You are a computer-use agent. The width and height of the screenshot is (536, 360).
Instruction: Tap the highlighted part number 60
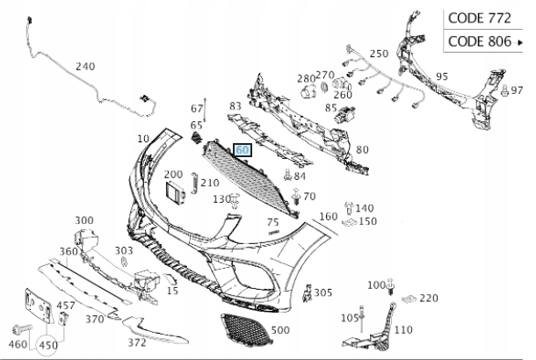pos(243,151)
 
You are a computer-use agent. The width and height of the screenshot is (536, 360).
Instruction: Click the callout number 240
pos(85,67)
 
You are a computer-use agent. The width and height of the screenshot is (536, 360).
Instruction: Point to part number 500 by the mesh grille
pos(280,330)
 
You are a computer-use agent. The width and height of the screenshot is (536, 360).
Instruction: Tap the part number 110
pos(402,330)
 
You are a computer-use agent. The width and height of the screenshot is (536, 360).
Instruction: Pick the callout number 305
pos(323,292)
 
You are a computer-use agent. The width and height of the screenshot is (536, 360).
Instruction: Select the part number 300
pos(84,220)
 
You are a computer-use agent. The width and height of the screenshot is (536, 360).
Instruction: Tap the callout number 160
pos(328,216)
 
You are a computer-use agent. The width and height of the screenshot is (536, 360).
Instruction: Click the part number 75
pos(273,223)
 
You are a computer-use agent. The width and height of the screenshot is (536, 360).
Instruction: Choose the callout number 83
pos(235,106)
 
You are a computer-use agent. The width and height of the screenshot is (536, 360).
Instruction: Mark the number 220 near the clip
pos(428,298)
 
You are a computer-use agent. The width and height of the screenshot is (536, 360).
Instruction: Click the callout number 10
pos(143,140)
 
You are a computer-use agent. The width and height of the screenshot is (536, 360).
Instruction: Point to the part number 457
pos(66,306)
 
